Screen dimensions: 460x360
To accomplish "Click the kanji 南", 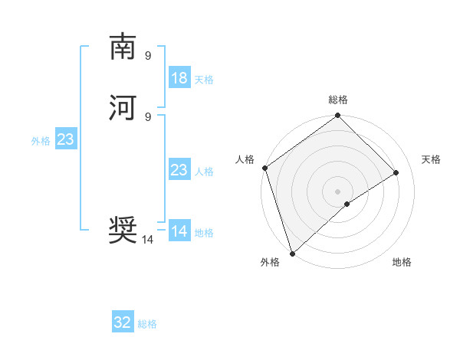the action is tap(123, 47).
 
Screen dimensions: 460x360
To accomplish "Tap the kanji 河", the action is tap(123, 107).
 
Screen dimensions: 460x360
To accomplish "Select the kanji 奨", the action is tap(123, 228).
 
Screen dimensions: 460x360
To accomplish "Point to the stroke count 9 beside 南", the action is tap(148, 55).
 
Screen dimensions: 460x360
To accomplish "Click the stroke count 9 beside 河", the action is tap(148, 116).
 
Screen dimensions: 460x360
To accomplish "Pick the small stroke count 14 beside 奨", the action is tap(148, 239).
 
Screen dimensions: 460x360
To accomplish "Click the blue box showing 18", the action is tap(179, 78).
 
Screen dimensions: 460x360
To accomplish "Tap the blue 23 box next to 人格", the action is tap(179, 170).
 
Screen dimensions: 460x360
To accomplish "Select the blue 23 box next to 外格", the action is tap(65, 139).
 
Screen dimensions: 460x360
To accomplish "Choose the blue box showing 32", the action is tap(123, 322).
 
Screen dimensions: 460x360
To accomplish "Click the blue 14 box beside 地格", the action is tap(179, 231).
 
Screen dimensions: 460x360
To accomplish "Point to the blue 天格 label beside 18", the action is tap(204, 80).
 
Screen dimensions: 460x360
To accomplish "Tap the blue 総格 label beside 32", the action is tap(147, 324).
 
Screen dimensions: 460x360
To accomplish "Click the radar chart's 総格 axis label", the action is tap(338, 100).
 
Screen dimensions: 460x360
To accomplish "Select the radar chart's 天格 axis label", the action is tap(431, 159).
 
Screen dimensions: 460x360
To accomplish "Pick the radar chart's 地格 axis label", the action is tap(402, 262).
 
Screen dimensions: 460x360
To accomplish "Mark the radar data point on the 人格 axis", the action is tap(265, 168).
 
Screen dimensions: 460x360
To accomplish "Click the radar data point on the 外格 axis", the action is tap(291, 253).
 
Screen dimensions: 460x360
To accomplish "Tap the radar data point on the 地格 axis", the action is tap(347, 204).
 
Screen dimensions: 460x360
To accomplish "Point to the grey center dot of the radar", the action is tap(338, 191).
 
